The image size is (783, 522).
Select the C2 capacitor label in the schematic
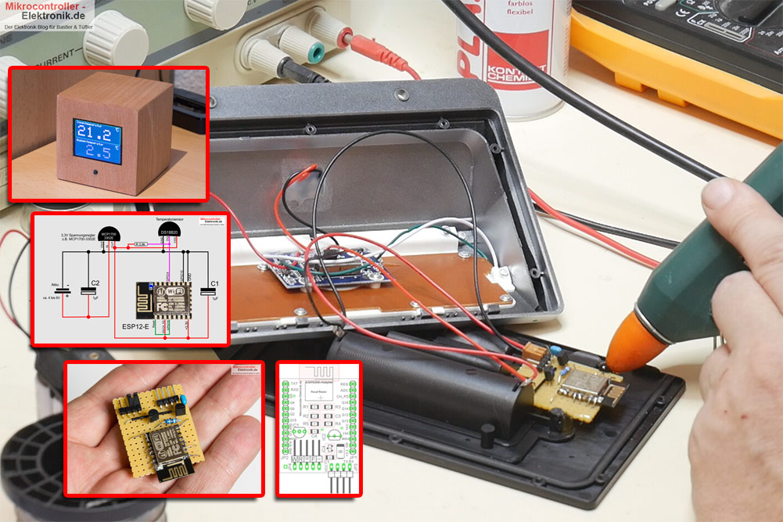95,283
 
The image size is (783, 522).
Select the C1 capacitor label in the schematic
214,283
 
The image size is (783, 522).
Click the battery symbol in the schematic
66,291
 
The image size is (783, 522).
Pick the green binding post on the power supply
315,52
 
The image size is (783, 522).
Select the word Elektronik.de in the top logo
47,16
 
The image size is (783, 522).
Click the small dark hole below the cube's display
95,173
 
